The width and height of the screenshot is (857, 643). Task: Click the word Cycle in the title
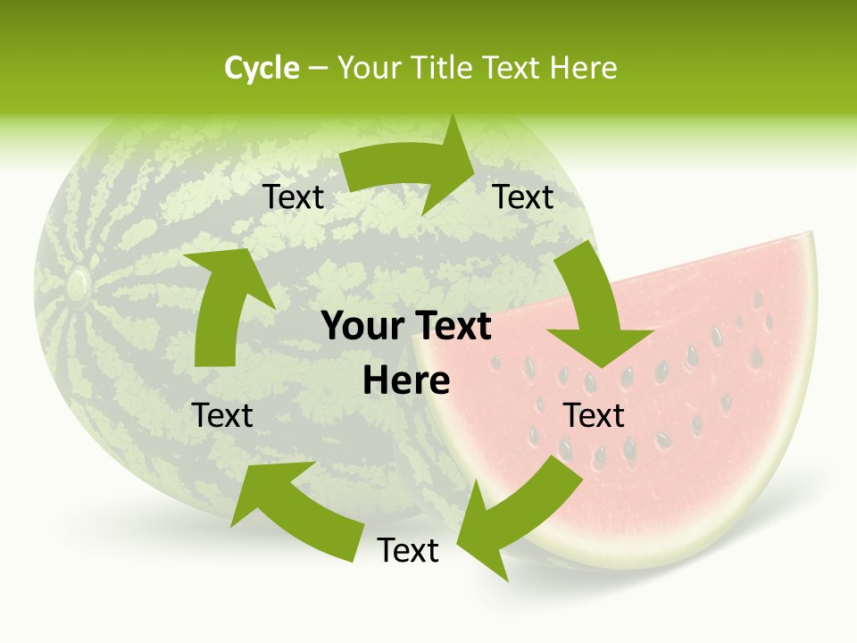262,68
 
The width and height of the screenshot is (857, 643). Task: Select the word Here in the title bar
584,68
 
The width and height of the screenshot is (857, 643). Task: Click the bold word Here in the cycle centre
406,381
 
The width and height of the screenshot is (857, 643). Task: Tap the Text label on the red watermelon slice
594,416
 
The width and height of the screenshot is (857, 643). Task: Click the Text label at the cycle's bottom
408,551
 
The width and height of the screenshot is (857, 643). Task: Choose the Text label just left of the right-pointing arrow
293,197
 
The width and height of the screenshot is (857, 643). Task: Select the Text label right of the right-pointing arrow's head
524,197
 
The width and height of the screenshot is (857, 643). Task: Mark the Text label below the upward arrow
222,416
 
